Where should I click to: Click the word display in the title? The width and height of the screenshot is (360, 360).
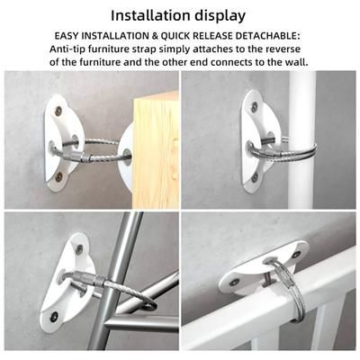click(219, 16)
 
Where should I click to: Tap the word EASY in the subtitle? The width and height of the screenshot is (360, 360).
click(67, 36)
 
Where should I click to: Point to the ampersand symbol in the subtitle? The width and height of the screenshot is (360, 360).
click(155, 36)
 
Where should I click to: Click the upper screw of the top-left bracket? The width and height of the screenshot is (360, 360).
click(59, 110)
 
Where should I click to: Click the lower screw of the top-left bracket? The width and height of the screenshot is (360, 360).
click(59, 177)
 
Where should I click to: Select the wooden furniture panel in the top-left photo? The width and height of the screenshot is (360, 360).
click(156, 150)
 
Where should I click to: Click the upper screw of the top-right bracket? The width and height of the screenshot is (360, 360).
click(255, 105)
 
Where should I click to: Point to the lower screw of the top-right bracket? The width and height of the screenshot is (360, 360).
click(255, 177)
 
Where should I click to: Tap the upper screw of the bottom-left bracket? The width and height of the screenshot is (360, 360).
click(79, 248)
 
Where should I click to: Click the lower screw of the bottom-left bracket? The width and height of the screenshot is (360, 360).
click(54, 316)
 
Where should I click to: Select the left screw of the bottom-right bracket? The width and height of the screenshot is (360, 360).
click(234, 282)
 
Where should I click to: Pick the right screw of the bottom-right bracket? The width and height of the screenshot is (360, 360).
click(296, 255)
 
